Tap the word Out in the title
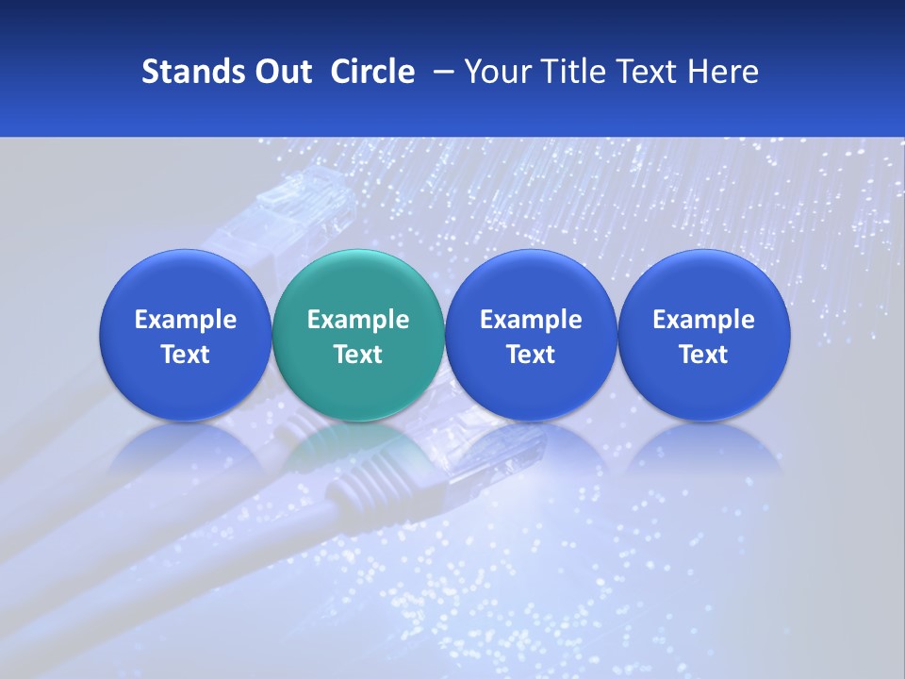[282, 72]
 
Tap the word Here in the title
[723, 72]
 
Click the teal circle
[357, 283]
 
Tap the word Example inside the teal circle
[358, 320]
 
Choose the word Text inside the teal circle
[358, 355]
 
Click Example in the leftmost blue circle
[186, 320]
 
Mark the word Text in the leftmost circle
[186, 355]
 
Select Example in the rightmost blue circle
[703, 320]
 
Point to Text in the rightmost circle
[703, 355]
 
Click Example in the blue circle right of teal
[531, 320]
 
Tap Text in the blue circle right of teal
[531, 355]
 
